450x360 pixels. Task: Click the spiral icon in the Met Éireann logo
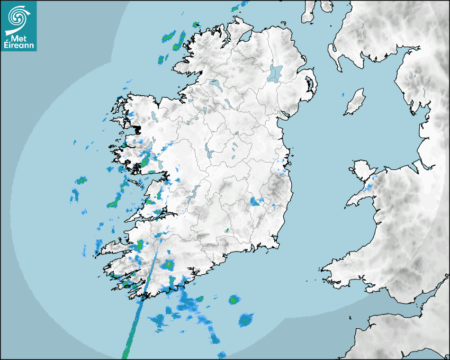(x=17, y=17)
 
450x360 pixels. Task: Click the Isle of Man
(x=355, y=102)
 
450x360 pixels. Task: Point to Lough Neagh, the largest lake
(x=275, y=73)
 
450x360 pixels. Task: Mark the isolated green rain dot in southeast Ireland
(x=227, y=230)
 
